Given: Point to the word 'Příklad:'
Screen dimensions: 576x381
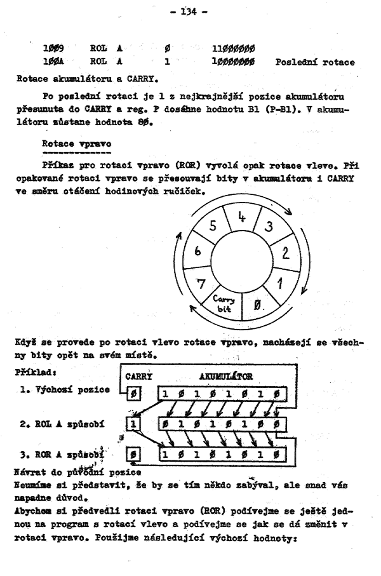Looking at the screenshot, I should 30,375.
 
